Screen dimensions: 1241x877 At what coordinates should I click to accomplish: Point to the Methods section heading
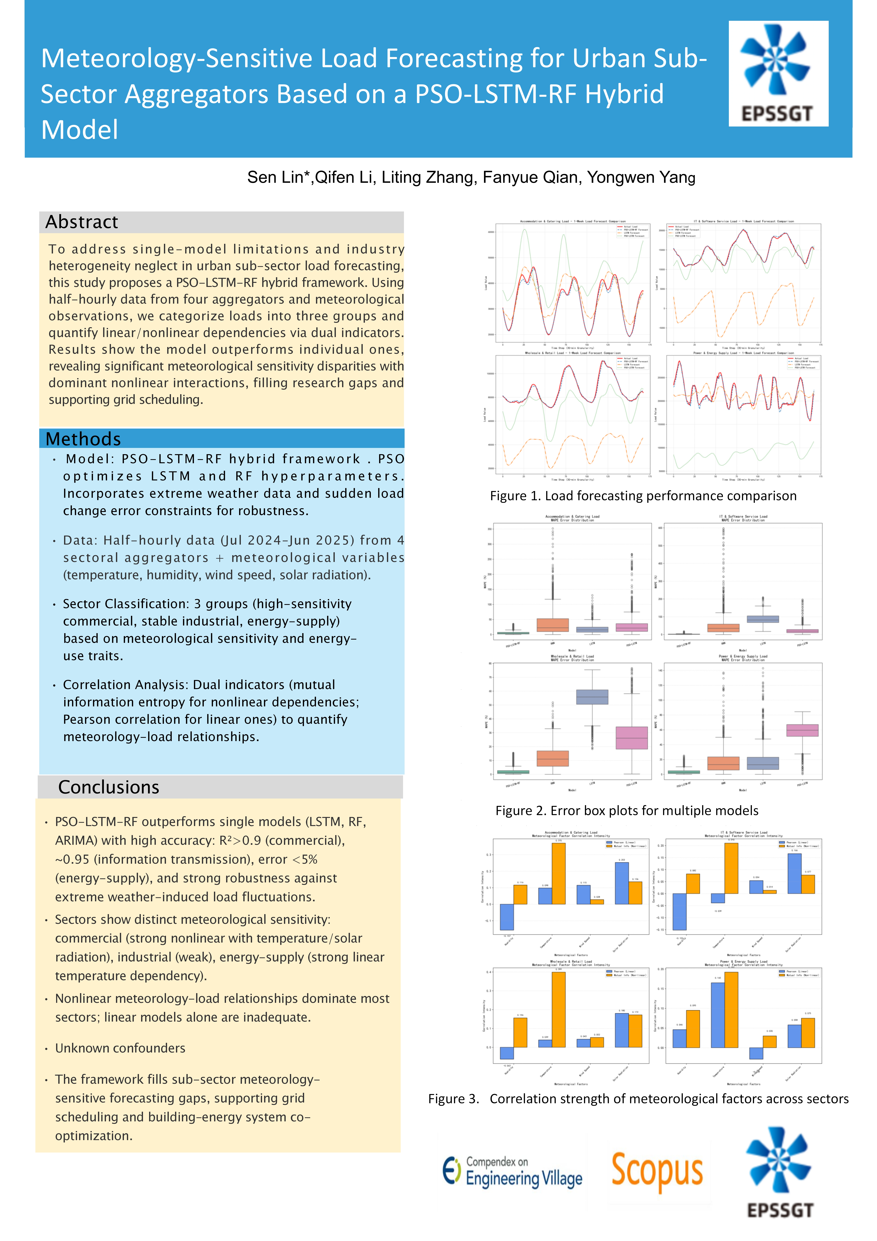pos(83,439)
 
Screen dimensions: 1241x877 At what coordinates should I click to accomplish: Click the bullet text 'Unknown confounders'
pos(120,1048)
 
